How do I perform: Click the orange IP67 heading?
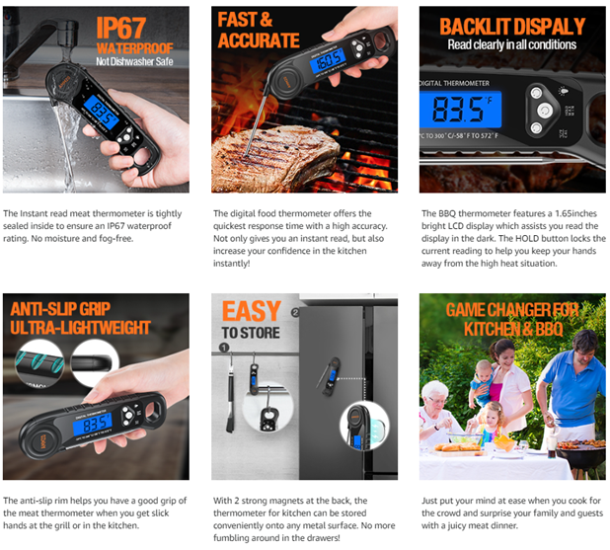pyautogui.click(x=121, y=28)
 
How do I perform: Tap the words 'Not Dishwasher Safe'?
pyautogui.click(x=134, y=61)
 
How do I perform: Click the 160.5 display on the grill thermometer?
pyautogui.click(x=328, y=61)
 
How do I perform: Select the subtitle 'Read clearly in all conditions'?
pyautogui.click(x=512, y=44)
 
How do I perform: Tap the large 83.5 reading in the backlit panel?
pyautogui.click(x=458, y=109)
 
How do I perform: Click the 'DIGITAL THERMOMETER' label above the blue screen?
pyautogui.click(x=454, y=83)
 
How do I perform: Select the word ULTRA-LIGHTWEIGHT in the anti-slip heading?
pyautogui.click(x=80, y=328)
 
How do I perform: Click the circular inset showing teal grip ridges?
pyautogui.click(x=39, y=362)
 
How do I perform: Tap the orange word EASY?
pyautogui.click(x=252, y=311)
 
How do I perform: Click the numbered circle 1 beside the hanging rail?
pyautogui.click(x=224, y=348)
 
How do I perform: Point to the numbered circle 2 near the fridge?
pyautogui.click(x=295, y=312)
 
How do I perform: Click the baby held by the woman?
pyautogui.click(x=483, y=382)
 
